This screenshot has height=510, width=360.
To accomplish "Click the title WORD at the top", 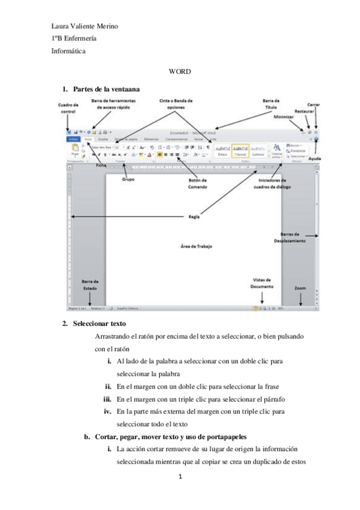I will pos(180,72).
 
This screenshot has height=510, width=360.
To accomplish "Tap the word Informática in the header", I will pos(69,51).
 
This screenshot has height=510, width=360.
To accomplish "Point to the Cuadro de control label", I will pos(69,108).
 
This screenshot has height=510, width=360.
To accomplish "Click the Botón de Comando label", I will pos(197,183).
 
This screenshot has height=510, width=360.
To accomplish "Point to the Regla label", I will pos(194,217).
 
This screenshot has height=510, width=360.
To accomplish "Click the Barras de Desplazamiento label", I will pos(291,237).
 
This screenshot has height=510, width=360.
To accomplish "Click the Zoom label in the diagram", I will pos(300,287).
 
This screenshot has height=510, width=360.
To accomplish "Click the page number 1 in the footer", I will pos(180,478).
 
